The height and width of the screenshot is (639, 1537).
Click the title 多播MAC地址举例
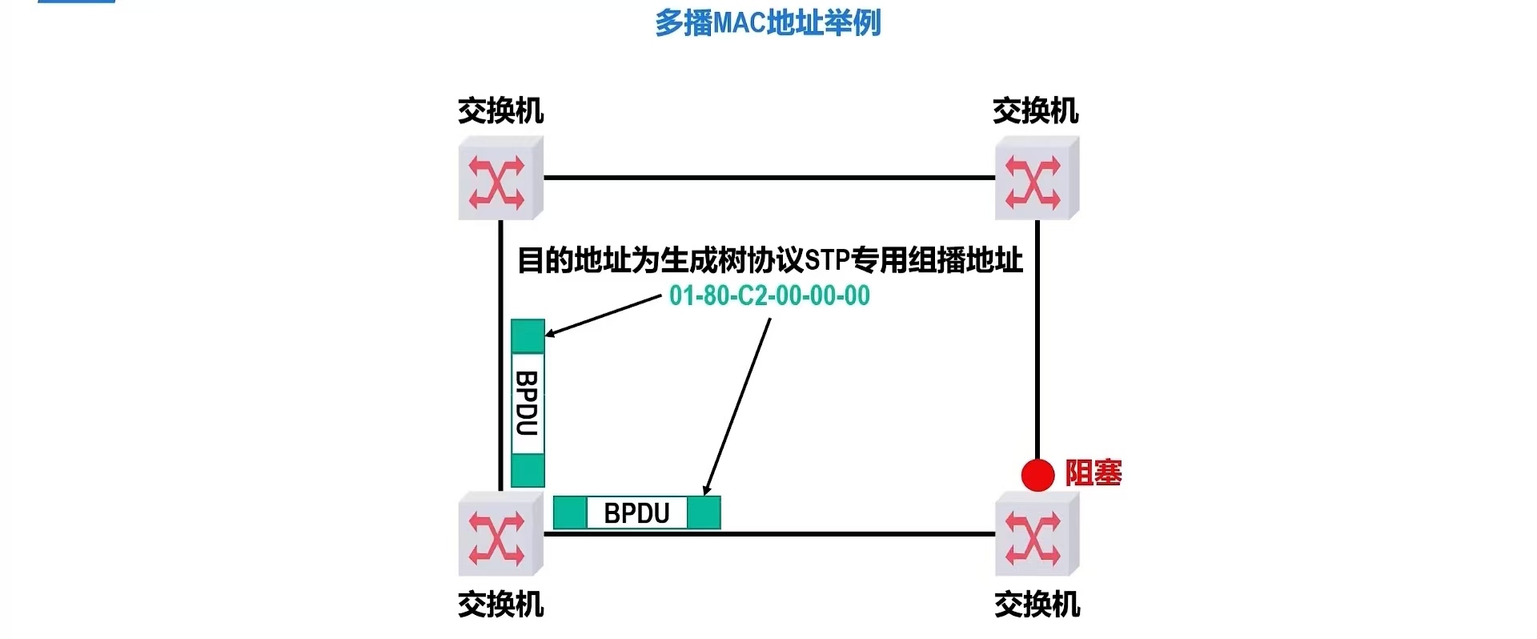(x=768, y=22)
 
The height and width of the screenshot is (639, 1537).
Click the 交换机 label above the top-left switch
(x=500, y=111)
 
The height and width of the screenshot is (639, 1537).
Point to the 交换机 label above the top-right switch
(x=1036, y=111)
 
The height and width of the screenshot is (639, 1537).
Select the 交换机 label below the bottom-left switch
(x=500, y=605)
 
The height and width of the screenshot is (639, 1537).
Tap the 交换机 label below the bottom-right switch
(x=1037, y=605)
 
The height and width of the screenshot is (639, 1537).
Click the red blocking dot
(x=1037, y=475)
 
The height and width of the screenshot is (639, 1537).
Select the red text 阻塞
(x=1094, y=473)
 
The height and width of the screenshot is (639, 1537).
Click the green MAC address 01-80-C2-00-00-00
(x=769, y=295)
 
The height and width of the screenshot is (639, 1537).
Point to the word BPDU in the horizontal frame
(x=636, y=513)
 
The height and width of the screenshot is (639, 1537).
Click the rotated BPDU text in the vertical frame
(x=527, y=403)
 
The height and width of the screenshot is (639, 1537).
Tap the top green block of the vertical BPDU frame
(x=528, y=336)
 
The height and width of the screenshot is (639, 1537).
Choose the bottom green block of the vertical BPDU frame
(x=528, y=470)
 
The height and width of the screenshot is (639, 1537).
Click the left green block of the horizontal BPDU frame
(x=570, y=513)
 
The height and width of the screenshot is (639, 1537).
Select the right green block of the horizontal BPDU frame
(x=704, y=513)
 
